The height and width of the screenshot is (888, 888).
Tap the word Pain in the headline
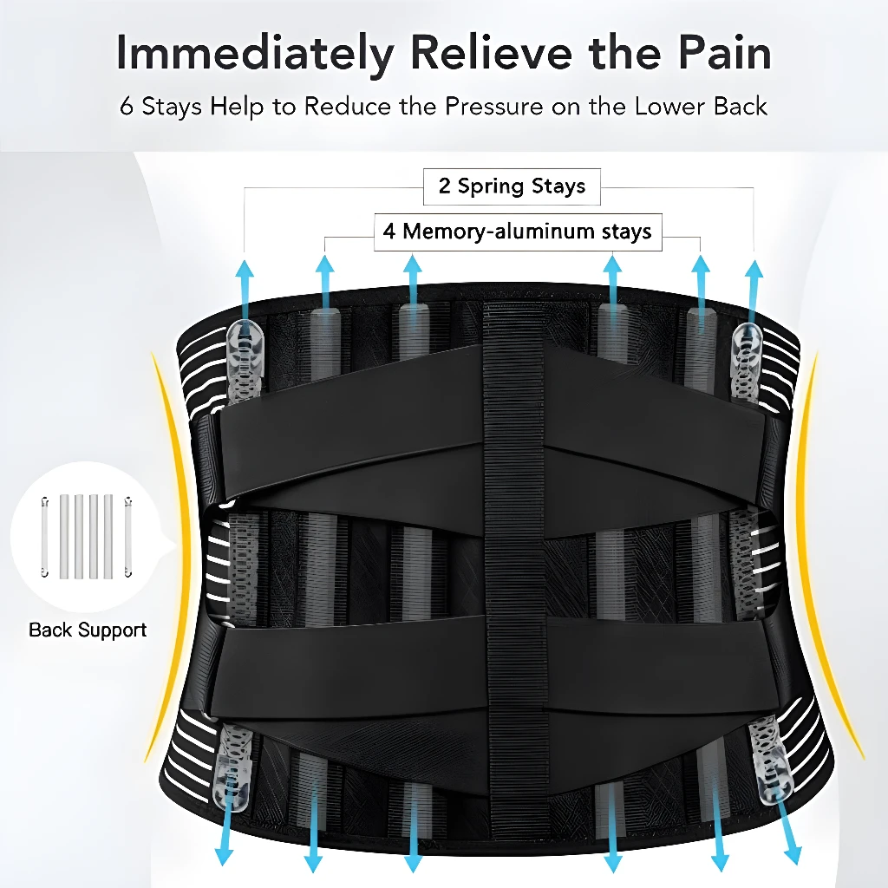[725, 52]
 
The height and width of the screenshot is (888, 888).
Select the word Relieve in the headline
[492, 52]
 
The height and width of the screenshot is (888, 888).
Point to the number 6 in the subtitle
[127, 107]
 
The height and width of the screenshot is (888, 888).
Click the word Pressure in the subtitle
[493, 107]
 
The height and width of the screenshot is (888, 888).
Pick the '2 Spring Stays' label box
[512, 186]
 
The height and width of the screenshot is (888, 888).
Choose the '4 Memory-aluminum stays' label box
[518, 232]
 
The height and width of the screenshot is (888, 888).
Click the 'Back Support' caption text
[88, 630]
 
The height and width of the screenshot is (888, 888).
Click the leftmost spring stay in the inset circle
[45, 537]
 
